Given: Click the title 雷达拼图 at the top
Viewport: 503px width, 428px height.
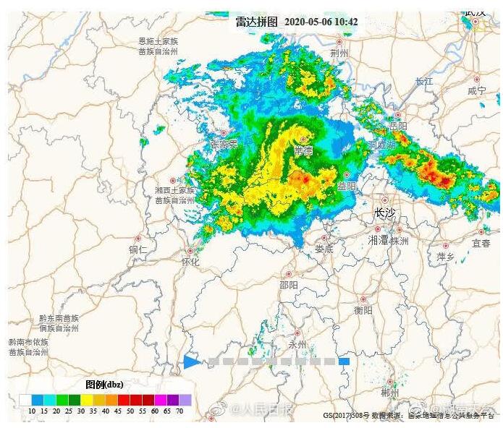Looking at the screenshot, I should pos(256,22).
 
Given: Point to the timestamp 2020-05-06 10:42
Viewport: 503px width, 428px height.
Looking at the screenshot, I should pos(321,22).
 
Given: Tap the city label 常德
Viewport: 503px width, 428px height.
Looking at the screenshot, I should pos(303,150).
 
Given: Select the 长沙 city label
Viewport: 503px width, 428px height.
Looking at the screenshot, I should pos(385,213).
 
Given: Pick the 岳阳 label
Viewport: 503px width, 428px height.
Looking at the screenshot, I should pos(398,126).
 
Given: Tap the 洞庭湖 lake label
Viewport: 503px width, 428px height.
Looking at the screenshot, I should pos(382,145).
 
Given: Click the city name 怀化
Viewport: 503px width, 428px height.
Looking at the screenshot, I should pos(190,262).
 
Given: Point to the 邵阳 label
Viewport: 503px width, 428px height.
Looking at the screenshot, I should pos(288,285).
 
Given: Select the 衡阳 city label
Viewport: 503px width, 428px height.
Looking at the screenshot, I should pos(363,310).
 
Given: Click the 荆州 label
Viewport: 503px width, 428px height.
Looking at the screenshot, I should pos(339,54).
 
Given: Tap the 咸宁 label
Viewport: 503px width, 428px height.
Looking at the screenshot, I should pos(477,91).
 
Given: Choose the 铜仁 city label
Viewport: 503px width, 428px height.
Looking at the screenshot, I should pos(138,249).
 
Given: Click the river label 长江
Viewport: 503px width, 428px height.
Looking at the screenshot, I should pos(423,81).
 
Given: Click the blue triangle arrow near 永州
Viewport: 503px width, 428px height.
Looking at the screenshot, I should pos(191,361).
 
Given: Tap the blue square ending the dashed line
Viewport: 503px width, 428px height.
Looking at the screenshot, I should pos(345,361).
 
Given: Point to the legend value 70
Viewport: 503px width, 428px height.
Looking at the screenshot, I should pos(179,411).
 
